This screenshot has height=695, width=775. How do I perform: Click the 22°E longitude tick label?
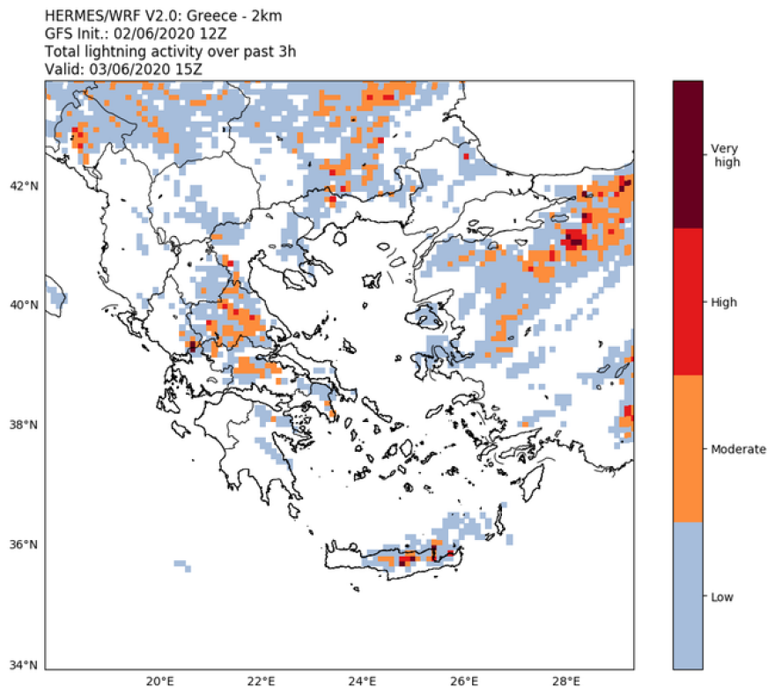coord(261,682)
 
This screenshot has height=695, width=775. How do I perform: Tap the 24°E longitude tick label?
coord(363,682)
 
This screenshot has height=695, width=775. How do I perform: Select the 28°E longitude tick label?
coord(565,682)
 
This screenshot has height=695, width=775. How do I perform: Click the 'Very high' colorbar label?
coord(727,155)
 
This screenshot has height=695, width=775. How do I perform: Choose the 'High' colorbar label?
coord(723,302)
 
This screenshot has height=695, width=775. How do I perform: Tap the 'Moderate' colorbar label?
coord(738,449)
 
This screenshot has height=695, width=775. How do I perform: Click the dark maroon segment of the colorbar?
coord(688,154)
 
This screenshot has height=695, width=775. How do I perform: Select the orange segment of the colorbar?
coord(688,448)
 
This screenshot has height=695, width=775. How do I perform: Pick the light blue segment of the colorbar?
coord(688,595)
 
